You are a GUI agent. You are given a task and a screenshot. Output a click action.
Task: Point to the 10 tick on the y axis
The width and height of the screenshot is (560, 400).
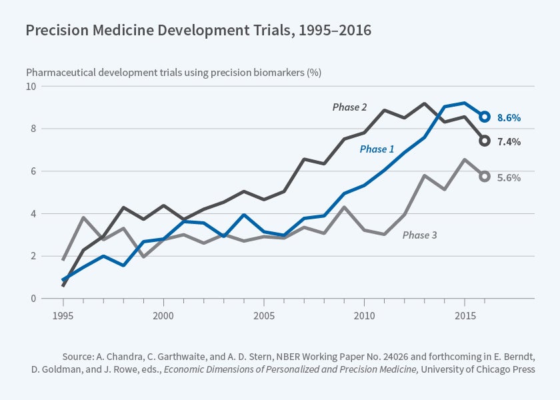point(31,87)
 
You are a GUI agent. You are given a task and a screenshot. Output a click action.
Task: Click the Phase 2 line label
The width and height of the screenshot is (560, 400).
point(350,107)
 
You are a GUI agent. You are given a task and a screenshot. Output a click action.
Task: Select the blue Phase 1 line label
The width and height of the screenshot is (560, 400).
point(377,149)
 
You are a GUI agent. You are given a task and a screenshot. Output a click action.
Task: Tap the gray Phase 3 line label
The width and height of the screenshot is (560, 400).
point(420,235)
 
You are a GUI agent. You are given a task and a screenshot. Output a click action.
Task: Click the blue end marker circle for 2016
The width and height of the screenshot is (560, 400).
point(485,117)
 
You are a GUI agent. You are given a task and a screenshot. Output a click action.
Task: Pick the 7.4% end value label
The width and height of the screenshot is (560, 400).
point(509,142)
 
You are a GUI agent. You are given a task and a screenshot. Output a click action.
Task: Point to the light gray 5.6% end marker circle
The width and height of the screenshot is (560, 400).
point(485,176)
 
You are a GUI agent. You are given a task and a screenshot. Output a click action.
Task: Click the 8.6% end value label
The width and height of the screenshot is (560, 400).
point(509,118)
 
